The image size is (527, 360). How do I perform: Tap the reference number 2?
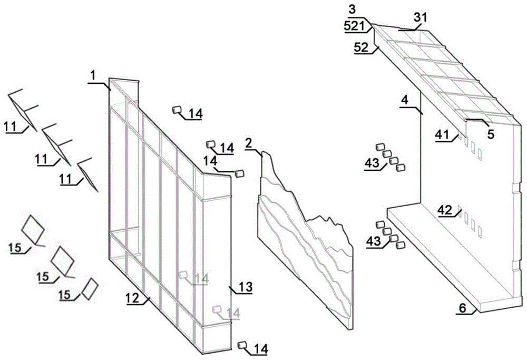click(x=249, y=143)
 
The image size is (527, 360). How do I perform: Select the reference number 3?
click(x=352, y=9)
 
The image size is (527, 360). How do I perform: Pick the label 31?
click(x=420, y=17)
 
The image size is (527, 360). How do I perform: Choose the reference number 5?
click(x=491, y=134)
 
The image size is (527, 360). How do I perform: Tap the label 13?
click(x=245, y=287)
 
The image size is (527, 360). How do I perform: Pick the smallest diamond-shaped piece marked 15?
click(x=90, y=288)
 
